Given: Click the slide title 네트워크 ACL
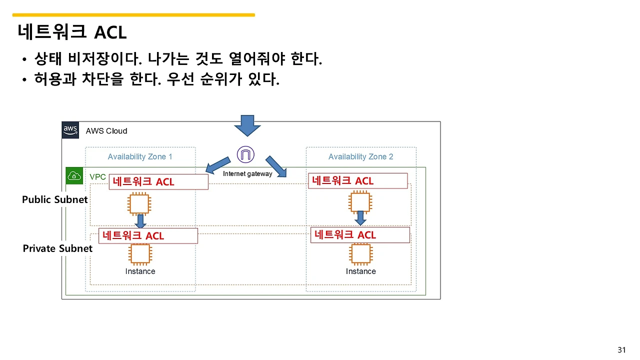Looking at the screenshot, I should (x=72, y=32).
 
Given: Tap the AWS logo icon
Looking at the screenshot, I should (x=70, y=130).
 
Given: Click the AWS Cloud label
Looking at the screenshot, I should (x=106, y=131).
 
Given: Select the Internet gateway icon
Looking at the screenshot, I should (x=245, y=154).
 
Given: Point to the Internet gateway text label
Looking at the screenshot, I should (x=247, y=174).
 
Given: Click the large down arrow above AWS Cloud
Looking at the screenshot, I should (x=247, y=125).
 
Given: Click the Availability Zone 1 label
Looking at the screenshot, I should (x=140, y=156).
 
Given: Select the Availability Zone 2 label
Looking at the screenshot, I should (x=360, y=156).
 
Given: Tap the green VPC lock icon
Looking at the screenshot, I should (x=74, y=176).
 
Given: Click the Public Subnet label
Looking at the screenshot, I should (x=54, y=199).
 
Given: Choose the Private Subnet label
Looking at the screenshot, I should (x=57, y=248).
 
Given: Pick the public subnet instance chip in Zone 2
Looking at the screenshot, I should (x=360, y=202).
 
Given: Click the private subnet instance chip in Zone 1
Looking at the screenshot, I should (x=140, y=254).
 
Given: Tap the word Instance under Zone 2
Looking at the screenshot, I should (x=360, y=271).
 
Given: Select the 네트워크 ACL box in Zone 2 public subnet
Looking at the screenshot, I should (x=358, y=180).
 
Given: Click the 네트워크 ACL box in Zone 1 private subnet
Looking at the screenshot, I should (x=148, y=235).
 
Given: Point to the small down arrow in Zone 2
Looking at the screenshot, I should (x=360, y=218).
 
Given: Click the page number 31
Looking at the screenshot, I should (x=621, y=349).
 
